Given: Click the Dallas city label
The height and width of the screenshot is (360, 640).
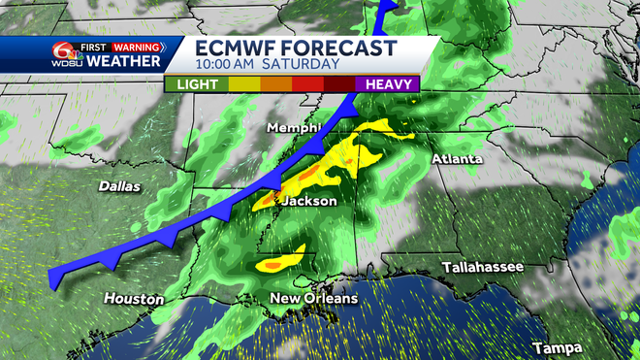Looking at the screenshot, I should pos(119,185).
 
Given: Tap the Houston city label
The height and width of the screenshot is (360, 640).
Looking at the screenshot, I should pos(134,299).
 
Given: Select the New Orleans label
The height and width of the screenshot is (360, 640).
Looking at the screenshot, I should pos(314,298).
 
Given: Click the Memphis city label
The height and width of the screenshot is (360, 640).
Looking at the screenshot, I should pos(297,127).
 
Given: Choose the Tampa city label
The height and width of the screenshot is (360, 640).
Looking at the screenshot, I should pos(558,346).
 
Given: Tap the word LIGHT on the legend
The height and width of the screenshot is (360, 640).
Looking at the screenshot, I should pos(197,84).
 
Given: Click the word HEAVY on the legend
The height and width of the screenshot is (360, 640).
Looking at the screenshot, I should pos(388,84).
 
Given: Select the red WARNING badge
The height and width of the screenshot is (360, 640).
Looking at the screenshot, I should pos(139,45).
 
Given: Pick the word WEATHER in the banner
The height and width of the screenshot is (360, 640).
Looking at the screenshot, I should pos(124,61).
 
